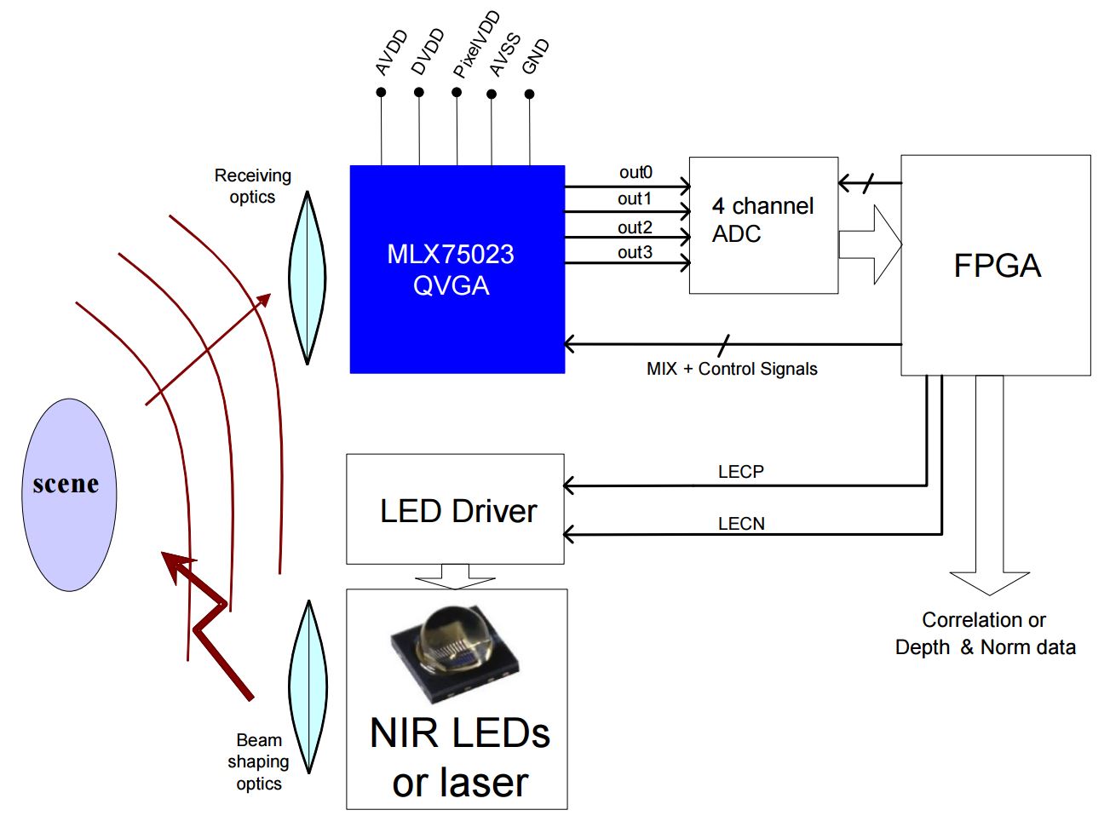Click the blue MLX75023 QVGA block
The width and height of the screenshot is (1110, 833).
(x=457, y=269)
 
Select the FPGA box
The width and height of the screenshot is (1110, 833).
(x=995, y=265)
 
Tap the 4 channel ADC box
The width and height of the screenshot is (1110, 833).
(x=762, y=225)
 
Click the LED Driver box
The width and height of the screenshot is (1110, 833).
(x=455, y=509)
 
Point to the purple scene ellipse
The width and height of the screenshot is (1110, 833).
(x=68, y=495)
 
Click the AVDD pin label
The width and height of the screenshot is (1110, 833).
(x=391, y=54)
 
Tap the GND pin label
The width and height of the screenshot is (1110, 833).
(x=535, y=57)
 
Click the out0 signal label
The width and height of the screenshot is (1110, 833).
(x=636, y=172)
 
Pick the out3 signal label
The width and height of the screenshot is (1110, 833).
(x=635, y=252)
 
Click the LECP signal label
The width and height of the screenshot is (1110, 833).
(x=740, y=471)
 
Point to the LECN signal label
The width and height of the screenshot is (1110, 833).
(x=741, y=524)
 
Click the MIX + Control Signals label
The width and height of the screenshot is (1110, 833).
(x=732, y=369)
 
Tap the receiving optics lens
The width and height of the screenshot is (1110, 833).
(x=307, y=278)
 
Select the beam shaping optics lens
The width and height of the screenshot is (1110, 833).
(x=308, y=687)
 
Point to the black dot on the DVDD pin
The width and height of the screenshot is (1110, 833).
(x=418, y=92)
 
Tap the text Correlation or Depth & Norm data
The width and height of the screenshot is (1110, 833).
(x=985, y=633)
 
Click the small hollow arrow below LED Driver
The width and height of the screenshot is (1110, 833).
(x=455, y=577)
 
